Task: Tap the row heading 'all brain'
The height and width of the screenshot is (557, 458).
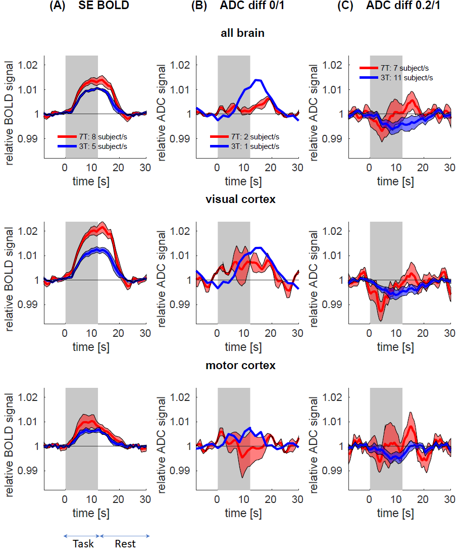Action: click(242, 33)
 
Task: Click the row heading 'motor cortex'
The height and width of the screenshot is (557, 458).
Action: click(242, 365)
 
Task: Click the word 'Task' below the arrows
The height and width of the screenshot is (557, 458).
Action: click(83, 544)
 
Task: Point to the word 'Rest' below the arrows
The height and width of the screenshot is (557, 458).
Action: click(125, 544)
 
